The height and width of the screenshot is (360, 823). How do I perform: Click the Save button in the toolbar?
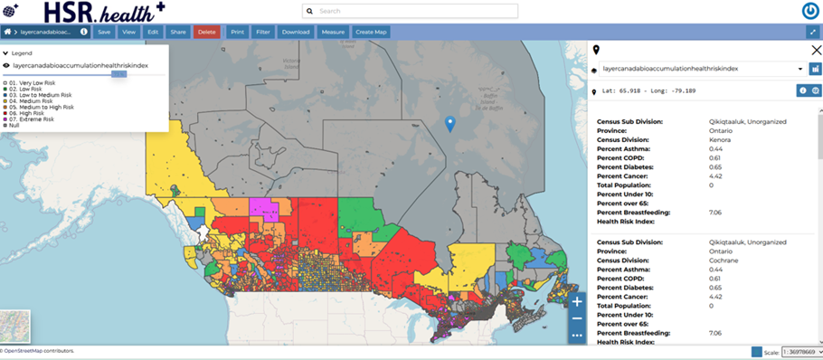104,32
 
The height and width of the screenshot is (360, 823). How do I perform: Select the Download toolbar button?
295,32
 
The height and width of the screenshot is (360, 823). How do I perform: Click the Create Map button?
371,32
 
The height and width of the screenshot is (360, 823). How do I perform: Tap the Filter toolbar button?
263,32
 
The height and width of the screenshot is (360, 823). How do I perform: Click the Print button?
237,32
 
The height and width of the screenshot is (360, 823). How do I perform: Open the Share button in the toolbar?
178,32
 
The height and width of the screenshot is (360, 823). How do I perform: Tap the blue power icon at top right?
810,11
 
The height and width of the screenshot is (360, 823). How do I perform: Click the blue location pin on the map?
450,124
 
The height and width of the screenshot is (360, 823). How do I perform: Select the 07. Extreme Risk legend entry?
32,118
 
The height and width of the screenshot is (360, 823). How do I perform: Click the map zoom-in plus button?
577,301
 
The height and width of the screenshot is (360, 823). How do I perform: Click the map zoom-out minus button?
577,318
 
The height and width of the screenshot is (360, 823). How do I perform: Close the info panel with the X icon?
817,51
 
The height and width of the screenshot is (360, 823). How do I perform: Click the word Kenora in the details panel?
721,139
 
